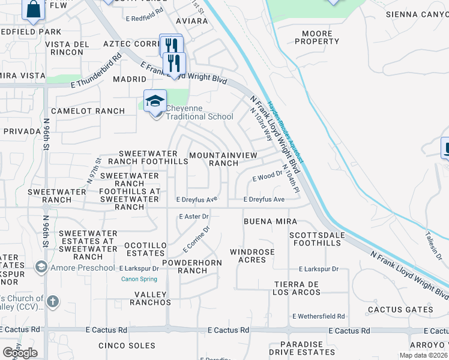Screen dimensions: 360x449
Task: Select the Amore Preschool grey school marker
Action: [x=41, y=266]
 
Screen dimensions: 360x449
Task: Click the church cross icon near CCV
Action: [x=52, y=301]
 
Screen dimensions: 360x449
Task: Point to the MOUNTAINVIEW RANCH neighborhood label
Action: [x=223, y=159]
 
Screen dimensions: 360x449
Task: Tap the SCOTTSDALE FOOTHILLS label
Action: [x=316, y=238]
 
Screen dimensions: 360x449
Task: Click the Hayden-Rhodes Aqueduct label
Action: [x=286, y=132]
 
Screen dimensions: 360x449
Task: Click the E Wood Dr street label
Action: [x=267, y=178]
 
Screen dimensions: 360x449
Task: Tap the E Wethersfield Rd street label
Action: [x=319, y=316]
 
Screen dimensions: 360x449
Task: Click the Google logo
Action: [x=20, y=353]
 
